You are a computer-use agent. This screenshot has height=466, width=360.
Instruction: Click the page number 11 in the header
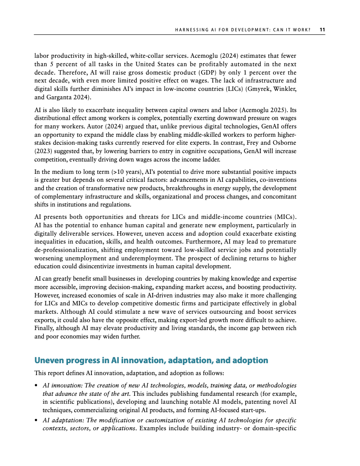[x=322, y=30]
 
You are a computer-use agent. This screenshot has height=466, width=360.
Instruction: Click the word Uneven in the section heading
[x=49, y=361]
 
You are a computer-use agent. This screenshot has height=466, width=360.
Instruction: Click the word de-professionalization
[x=64, y=251]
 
